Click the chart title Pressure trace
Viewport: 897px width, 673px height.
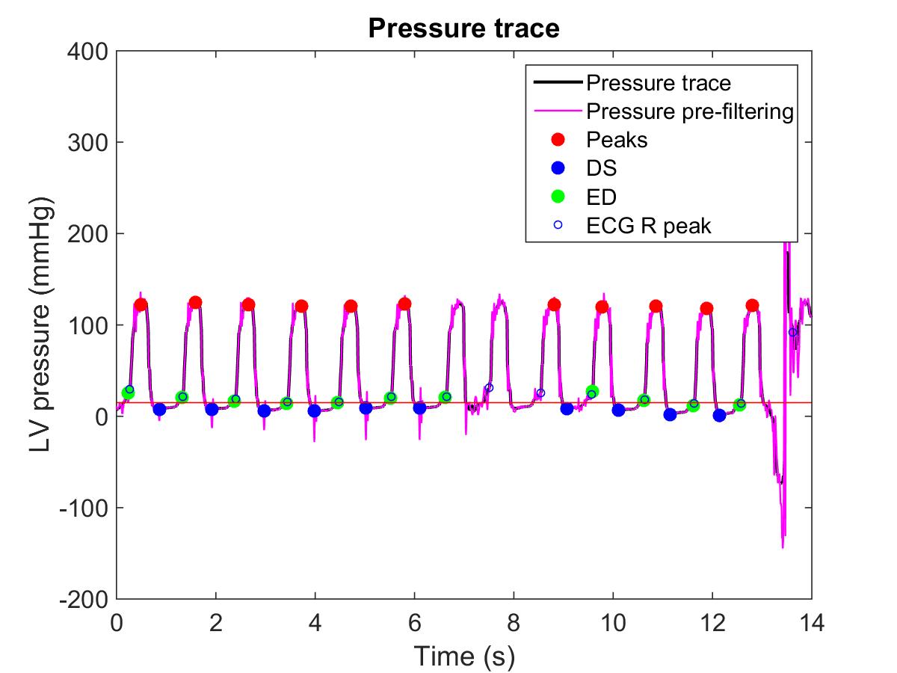(463, 29)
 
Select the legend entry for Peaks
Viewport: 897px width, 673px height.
(617, 140)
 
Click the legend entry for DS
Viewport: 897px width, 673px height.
(602, 168)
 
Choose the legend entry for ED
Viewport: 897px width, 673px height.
(602, 197)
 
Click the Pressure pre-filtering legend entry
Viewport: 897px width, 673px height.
(688, 111)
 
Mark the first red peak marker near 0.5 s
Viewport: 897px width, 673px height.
(141, 305)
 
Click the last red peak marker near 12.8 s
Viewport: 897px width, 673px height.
(752, 305)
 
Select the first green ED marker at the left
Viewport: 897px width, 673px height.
(128, 393)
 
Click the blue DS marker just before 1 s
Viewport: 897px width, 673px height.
(159, 409)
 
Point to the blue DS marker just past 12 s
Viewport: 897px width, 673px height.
(719, 415)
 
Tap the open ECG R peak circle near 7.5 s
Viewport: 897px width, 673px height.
(489, 387)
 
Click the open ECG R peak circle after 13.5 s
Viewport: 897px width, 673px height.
(793, 332)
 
